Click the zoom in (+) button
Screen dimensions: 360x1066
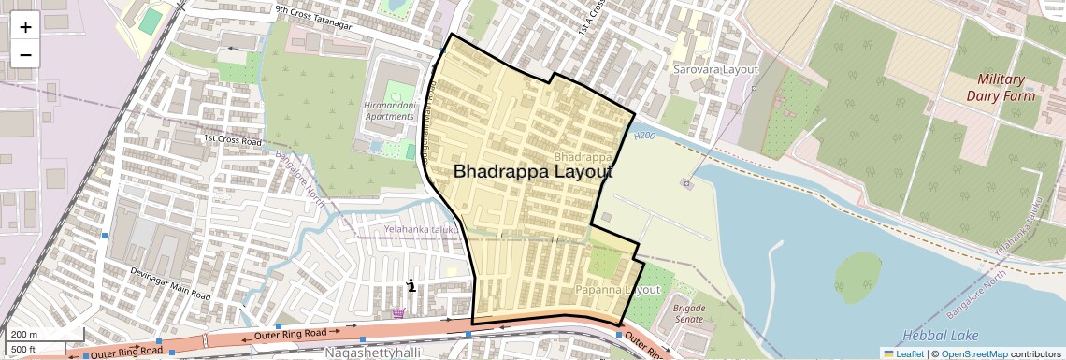(x=25, y=27)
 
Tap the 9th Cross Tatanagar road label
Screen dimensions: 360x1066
(x=312, y=18)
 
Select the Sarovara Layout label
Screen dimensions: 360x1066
(x=715, y=69)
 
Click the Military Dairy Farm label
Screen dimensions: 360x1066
(x=1001, y=87)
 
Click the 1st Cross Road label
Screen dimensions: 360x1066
(x=233, y=140)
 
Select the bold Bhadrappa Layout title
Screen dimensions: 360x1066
(x=533, y=172)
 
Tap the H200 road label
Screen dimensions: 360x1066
(x=644, y=137)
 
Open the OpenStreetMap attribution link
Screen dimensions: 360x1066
(x=973, y=353)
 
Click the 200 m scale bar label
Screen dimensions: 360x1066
(x=24, y=334)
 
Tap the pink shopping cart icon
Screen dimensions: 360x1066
(x=399, y=313)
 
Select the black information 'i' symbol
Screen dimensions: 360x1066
(x=411, y=286)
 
